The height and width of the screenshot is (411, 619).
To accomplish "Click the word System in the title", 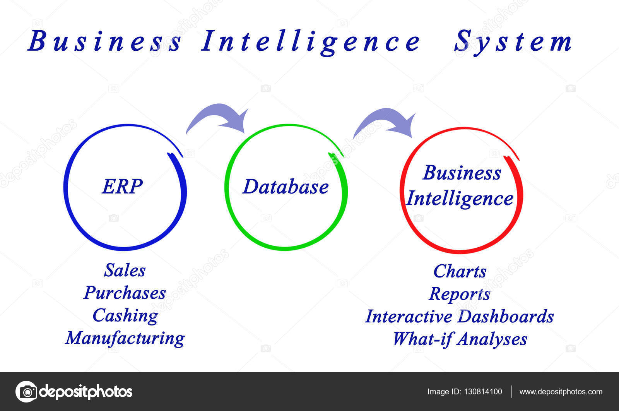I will pyautogui.click(x=513, y=42).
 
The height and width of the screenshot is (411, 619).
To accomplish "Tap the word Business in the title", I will pyautogui.click(x=104, y=41).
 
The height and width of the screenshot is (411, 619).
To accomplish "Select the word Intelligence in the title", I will pyautogui.click(x=310, y=42).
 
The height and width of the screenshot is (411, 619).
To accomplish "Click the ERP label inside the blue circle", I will pyautogui.click(x=122, y=186).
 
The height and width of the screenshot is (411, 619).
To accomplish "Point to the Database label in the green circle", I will pyautogui.click(x=286, y=187).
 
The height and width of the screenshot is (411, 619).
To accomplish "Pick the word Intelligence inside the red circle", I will pyautogui.click(x=460, y=199).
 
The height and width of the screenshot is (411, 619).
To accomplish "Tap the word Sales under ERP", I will pyautogui.click(x=125, y=270).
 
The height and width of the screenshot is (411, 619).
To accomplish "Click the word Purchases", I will pyautogui.click(x=125, y=293).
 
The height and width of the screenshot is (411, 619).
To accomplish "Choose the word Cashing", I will pyautogui.click(x=125, y=316).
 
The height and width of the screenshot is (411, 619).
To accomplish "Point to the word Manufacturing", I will pyautogui.click(x=125, y=338).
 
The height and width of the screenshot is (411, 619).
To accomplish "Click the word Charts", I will pyautogui.click(x=460, y=271).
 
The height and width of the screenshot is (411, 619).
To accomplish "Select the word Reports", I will pyautogui.click(x=460, y=294).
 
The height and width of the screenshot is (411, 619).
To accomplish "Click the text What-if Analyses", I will pyautogui.click(x=460, y=339).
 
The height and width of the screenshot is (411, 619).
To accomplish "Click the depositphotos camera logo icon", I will pyautogui.click(x=26, y=392).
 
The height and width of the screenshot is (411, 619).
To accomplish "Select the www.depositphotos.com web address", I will pyautogui.click(x=561, y=392).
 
